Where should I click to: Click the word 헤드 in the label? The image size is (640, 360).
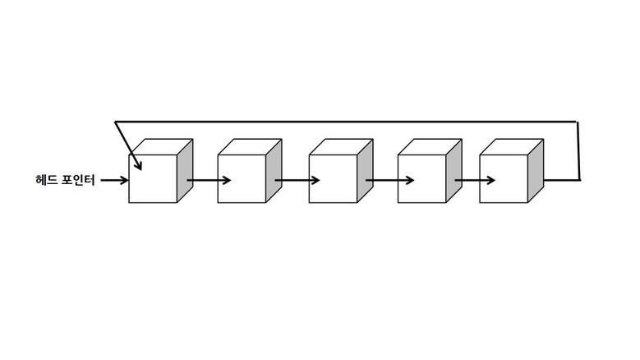[47, 180]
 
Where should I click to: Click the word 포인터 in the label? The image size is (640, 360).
[78, 180]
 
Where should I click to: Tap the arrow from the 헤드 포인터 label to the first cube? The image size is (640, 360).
[115, 180]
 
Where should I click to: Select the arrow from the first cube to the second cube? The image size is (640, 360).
[209, 180]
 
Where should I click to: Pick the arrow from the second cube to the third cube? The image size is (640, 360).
[297, 180]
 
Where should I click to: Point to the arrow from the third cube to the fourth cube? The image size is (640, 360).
[389, 180]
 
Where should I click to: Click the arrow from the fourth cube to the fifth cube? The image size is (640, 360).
[475, 180]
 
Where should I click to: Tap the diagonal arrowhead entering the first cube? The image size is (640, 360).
[137, 164]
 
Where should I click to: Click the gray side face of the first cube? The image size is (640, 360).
[185, 171]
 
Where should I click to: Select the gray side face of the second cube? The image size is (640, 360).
[274, 171]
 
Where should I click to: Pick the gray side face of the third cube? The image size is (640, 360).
[366, 171]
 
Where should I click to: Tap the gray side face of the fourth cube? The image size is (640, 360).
[454, 171]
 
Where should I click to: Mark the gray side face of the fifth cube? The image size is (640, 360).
[536, 171]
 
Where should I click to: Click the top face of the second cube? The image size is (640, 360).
[250, 147]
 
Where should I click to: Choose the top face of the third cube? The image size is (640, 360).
[341, 147]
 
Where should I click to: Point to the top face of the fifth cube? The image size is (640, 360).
[512, 147]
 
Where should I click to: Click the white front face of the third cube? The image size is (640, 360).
[333, 179]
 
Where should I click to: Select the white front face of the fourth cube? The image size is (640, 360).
[422, 179]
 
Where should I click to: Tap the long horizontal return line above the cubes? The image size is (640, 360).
[346, 122]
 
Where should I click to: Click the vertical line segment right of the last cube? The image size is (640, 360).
[578, 150]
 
